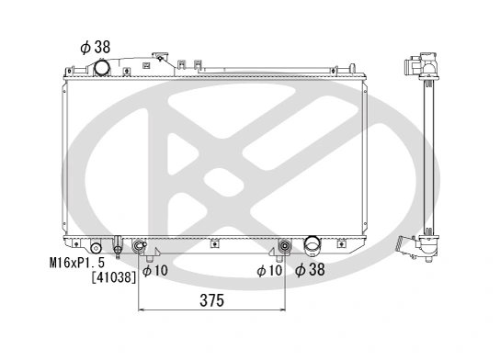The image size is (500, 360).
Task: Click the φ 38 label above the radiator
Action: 95,48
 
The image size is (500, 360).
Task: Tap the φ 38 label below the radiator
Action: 310,269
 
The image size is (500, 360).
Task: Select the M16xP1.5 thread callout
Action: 77,263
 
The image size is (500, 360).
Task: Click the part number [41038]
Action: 114,277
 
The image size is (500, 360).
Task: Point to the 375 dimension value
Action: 211,300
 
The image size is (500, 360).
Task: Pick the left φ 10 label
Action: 155,271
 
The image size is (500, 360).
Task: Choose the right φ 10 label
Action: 269,271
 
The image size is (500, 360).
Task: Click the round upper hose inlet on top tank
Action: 102,68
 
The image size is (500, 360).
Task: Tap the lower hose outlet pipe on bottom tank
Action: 312,245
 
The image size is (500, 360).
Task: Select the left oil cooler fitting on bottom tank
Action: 139,245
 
